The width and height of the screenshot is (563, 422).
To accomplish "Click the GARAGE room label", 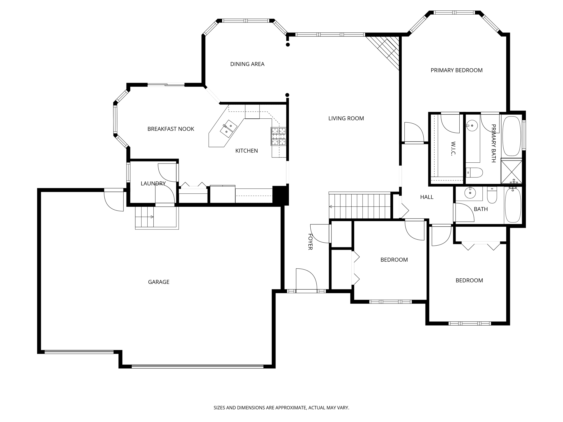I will (159, 282).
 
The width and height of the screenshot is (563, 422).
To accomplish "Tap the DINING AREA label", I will (247, 64).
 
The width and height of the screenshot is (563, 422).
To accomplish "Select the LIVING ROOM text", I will (346, 118).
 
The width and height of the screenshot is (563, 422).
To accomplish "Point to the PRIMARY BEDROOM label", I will (456, 70).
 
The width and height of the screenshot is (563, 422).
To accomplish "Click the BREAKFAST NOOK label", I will (171, 129).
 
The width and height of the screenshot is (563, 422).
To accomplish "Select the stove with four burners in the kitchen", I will (278, 137).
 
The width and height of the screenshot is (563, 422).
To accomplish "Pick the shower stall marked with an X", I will (511, 171).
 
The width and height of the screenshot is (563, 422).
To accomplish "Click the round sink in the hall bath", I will (470, 193).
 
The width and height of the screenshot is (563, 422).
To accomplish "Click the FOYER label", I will (310, 242).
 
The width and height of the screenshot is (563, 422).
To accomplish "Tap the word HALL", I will (427, 197).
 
